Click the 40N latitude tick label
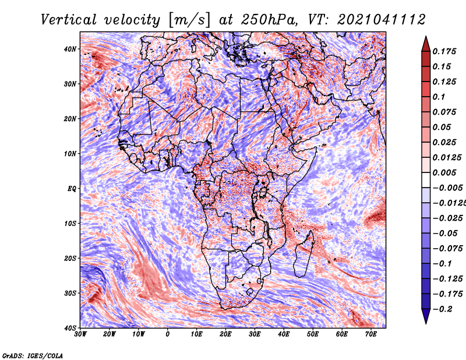coord(70,49)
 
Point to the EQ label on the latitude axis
coord(72,189)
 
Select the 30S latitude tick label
coord(70,293)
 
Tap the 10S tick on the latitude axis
coord(70,223)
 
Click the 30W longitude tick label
coord(80,334)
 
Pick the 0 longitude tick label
coord(168,334)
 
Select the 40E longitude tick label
coord(284,334)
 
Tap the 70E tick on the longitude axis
coord(371,334)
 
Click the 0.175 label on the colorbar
coord(444,51)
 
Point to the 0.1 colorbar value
coord(439,97)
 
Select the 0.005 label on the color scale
coord(444,172)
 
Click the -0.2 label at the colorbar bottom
coord(442,309)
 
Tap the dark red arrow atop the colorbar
coord(426,44)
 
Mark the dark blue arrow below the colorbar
coord(426,316)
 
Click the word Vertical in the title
coord(69,20)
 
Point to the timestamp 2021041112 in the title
coord(382,20)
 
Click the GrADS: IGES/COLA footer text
coord(33,355)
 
